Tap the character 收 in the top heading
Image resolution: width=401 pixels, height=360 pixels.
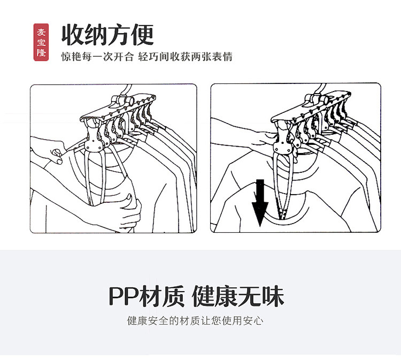tap(73, 35)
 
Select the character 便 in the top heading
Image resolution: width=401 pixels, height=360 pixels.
tap(142, 35)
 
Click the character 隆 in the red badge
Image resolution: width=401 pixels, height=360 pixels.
tap(41, 53)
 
